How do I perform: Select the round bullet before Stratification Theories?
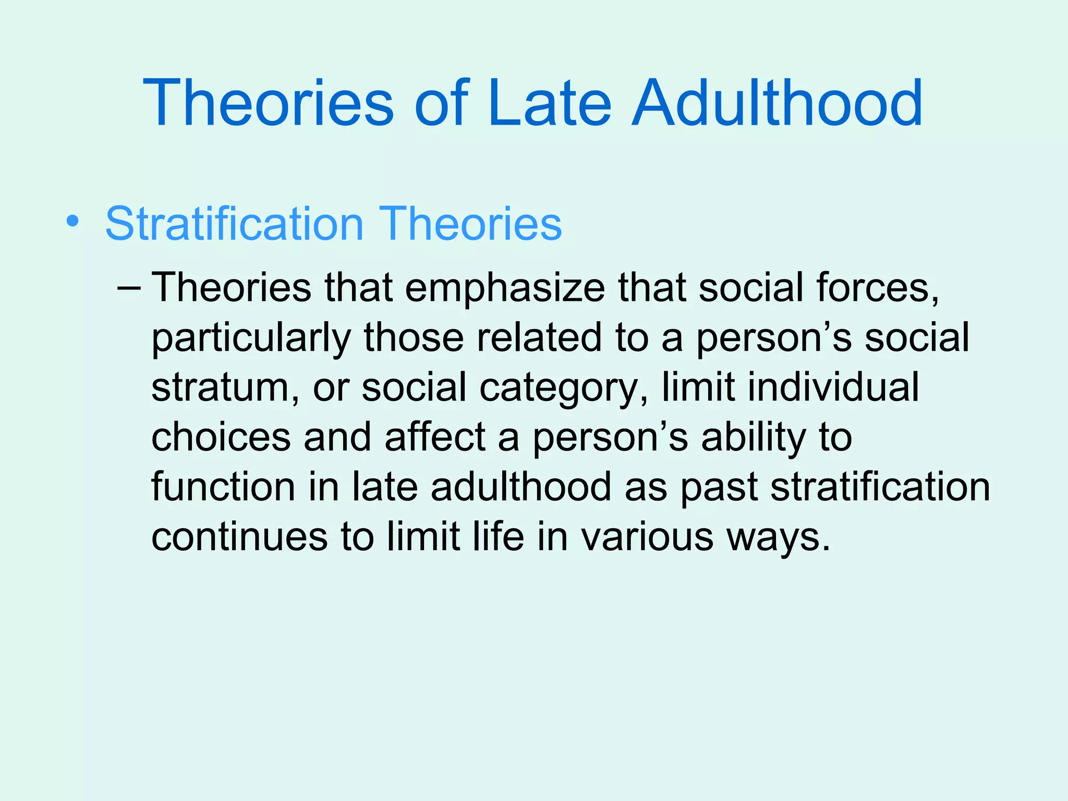tap(73, 222)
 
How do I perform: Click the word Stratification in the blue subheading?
tap(234, 224)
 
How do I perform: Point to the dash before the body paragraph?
tap(129, 288)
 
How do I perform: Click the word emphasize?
tap(504, 288)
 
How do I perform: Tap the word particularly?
tap(250, 338)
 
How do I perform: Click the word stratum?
tap(220, 388)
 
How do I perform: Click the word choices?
tap(221, 437)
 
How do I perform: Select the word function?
tap(223, 487)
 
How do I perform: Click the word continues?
tap(239, 537)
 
